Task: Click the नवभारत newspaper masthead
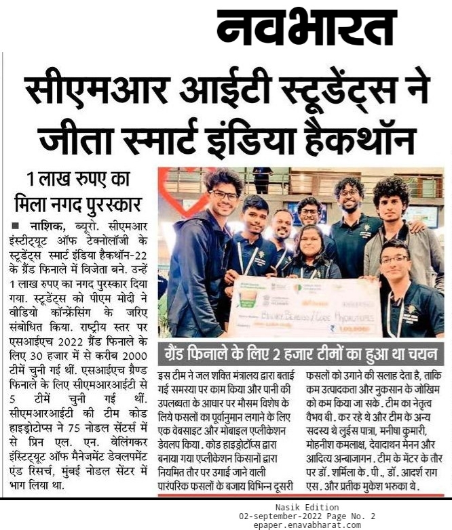point(306,28)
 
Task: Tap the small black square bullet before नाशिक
point(15,225)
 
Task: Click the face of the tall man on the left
point(225,193)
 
